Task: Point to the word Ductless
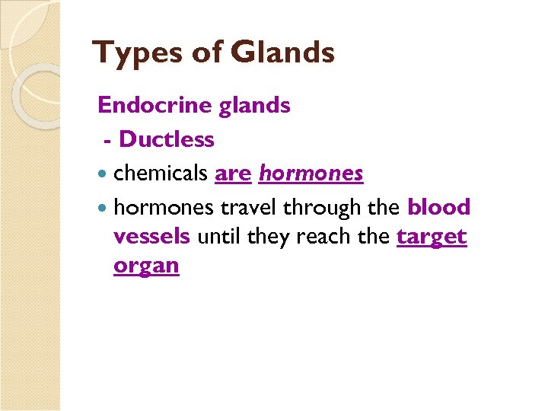pos(167,139)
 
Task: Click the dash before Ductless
pos(109,141)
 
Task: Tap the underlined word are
pos(233,174)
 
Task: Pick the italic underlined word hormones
pos(311,174)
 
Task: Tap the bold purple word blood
pos(439,207)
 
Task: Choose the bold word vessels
pos(151,237)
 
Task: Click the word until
pos(218,237)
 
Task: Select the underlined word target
pos(432,237)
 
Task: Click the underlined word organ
pos(146,266)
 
